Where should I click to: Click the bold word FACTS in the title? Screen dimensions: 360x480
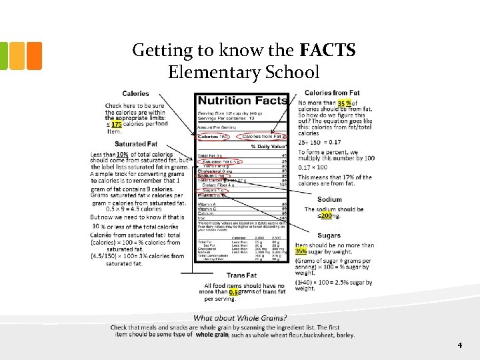pos(328,50)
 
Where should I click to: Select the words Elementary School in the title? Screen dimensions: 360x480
pos(244,71)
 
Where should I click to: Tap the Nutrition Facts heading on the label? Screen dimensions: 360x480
pos(242,101)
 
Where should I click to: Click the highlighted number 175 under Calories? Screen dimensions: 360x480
pos(116,124)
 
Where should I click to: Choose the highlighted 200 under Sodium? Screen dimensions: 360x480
pos(326,215)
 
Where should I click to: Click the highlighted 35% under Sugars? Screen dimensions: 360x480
pos(301,251)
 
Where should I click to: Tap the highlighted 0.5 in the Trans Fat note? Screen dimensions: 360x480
pos(233,292)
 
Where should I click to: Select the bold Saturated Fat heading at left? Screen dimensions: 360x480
pos(135,144)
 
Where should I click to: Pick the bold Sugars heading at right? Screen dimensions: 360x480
pos(329,235)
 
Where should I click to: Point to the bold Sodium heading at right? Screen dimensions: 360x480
pos(329,199)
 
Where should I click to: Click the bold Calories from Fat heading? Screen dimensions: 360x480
pos(332,93)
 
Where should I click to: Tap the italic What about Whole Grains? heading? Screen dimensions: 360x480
pos(240,318)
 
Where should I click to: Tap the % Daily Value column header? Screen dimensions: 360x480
pos(268,146)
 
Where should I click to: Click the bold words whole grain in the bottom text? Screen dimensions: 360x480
pos(212,335)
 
